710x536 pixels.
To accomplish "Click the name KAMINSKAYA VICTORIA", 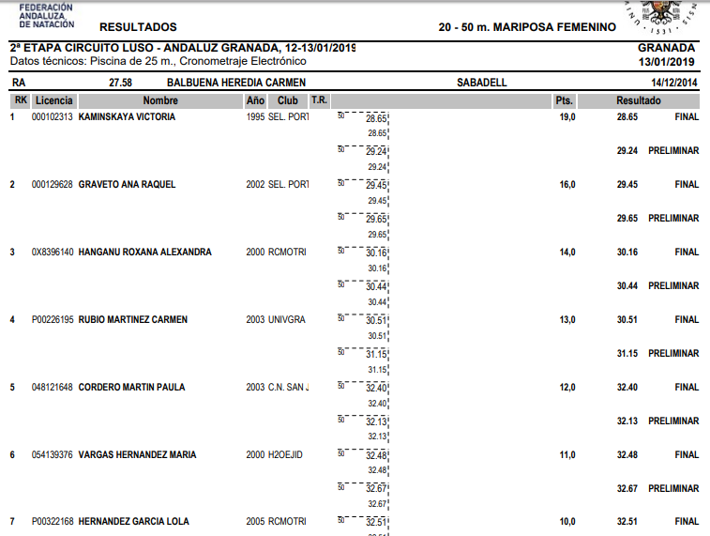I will tap(127, 117).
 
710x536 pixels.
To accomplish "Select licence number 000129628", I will tap(52, 185).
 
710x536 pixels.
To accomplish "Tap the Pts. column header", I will tap(564, 100).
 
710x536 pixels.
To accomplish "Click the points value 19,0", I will tap(566, 117).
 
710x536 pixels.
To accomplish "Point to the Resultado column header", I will tap(638, 100).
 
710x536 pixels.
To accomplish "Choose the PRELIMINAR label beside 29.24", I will tap(673, 151).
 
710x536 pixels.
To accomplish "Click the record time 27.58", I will tap(120, 83).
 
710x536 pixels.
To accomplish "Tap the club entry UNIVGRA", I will tap(286, 320).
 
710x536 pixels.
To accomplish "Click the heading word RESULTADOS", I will tap(137, 27).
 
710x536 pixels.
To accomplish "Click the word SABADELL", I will tap(481, 83).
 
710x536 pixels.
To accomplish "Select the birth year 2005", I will tap(255, 522).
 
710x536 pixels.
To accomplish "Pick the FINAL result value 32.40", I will tap(627, 388).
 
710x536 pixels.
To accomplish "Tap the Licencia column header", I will tap(53, 100).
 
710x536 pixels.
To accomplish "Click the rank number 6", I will tap(12, 455).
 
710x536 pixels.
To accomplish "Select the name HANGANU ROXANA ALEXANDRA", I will tap(144, 253).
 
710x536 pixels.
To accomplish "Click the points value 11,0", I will tap(566, 455).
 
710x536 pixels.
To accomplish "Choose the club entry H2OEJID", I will tap(286, 455).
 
